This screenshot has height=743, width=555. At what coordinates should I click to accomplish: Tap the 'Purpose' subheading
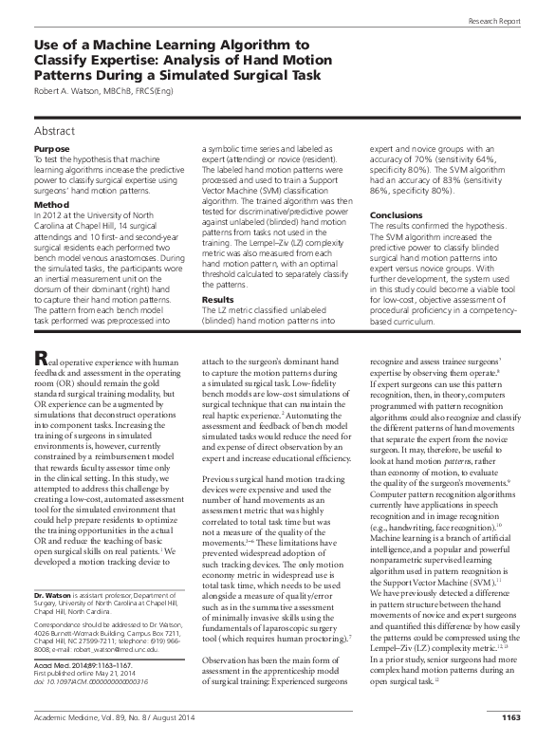click(x=51, y=150)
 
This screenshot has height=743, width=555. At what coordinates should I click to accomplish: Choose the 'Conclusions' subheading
click(x=396, y=215)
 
